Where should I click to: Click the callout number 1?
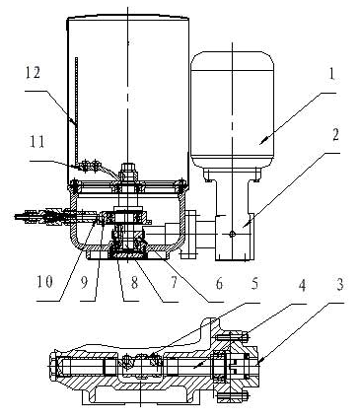pyautogui.click(x=331, y=75)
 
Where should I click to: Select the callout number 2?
pyautogui.click(x=335, y=135)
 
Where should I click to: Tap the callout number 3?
pyautogui.click(x=339, y=284)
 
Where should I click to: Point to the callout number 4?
pyautogui.click(x=302, y=285)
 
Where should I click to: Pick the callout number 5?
pyautogui.click(x=254, y=283)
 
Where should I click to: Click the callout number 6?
pyautogui.click(x=219, y=283)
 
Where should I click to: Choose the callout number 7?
pyautogui.click(x=173, y=283)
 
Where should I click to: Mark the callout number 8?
pyautogui.click(x=134, y=283)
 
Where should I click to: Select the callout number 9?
pyautogui.click(x=85, y=282)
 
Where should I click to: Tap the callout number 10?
pyautogui.click(x=44, y=281)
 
